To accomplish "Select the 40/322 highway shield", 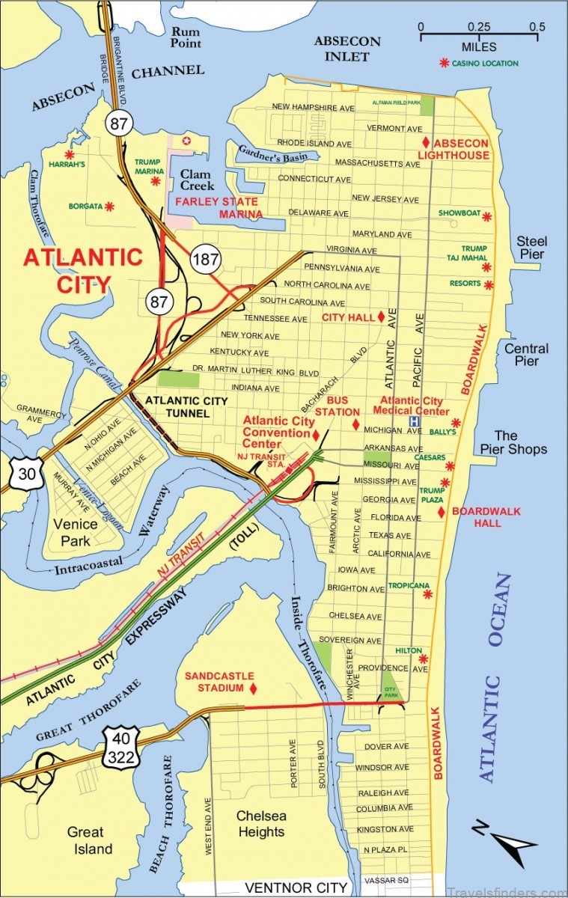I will [120, 745].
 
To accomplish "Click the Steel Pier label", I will [531, 248].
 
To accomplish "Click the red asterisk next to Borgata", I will [110, 206].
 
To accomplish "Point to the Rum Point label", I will [186, 37].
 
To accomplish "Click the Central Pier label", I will [526, 355].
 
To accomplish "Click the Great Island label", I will [90, 840].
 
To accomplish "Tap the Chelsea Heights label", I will [261, 823].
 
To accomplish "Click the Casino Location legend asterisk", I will [445, 64].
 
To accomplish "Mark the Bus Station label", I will [332, 406].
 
